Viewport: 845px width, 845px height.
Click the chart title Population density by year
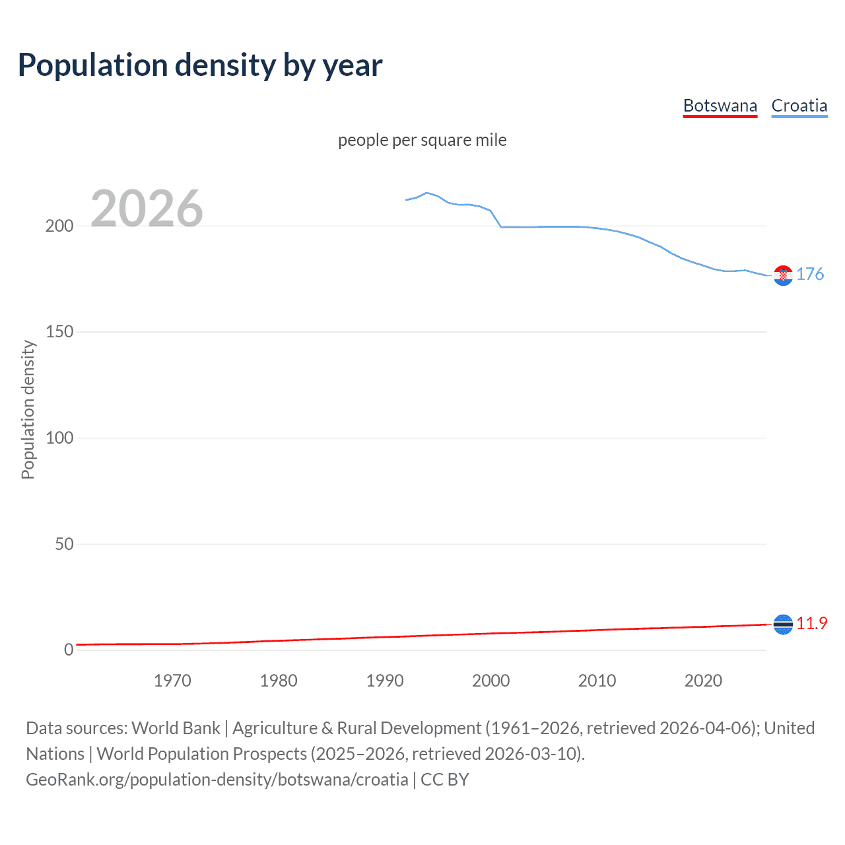tap(200, 65)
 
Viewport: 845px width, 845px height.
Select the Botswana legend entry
tap(720, 106)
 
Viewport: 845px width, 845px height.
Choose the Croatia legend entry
tap(799, 106)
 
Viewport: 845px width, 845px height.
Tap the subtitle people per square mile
tap(422, 140)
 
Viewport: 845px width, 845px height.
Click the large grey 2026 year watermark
tap(147, 209)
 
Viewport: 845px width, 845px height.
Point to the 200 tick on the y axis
tap(59, 226)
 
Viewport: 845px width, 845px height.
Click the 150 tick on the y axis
tap(59, 332)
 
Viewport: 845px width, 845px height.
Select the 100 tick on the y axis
tap(59, 438)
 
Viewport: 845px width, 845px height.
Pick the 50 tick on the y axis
tap(63, 544)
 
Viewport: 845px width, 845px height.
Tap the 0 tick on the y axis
tap(69, 650)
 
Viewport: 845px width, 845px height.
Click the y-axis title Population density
tap(28, 409)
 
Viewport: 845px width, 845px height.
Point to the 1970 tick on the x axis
tap(172, 681)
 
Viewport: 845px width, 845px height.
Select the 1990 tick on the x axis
tap(385, 681)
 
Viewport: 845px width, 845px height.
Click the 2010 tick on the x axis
tap(597, 681)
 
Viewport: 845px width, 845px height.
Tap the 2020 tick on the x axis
tap(703, 681)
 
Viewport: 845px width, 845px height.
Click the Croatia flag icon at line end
tap(783, 275)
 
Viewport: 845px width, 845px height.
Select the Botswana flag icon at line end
tap(783, 624)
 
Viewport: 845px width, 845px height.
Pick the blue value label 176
tap(810, 274)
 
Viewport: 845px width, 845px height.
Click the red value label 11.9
tap(811, 623)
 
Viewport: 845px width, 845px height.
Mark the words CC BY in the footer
tap(445, 780)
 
